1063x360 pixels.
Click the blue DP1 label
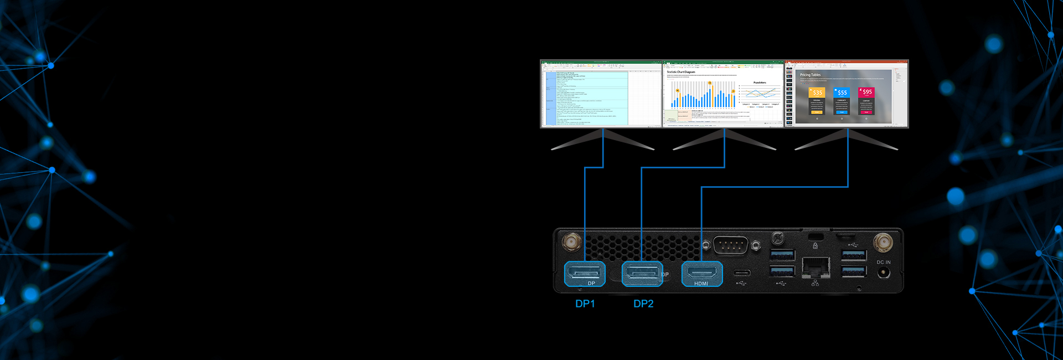point(585,304)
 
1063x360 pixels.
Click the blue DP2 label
point(643,304)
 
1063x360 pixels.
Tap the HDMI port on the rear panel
point(701,272)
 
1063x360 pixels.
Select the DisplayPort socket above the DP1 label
point(584,272)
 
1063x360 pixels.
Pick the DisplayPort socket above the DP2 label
point(642,272)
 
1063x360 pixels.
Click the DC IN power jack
point(884,272)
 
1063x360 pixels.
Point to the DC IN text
point(884,263)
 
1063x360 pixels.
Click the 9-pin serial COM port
point(731,245)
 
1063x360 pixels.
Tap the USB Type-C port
point(742,272)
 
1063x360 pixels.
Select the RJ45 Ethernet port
point(816,267)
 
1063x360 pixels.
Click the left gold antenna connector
point(571,242)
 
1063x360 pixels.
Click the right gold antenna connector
point(883,243)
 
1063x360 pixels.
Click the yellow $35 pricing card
point(817,101)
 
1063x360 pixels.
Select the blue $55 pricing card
point(842,101)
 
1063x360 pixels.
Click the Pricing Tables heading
point(810,75)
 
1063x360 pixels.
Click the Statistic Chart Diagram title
point(681,72)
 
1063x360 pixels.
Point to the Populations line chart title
point(760,83)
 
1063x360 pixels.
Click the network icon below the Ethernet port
point(815,283)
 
